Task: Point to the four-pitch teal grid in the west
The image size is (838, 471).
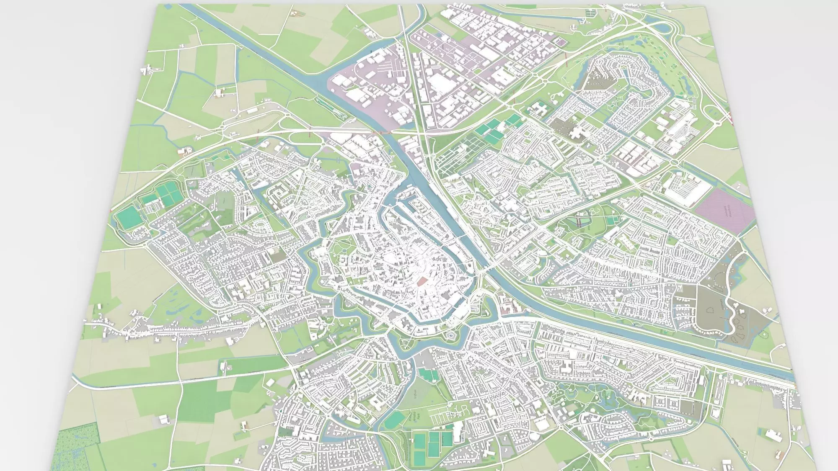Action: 167,193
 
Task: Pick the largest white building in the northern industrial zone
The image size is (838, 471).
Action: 440,84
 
